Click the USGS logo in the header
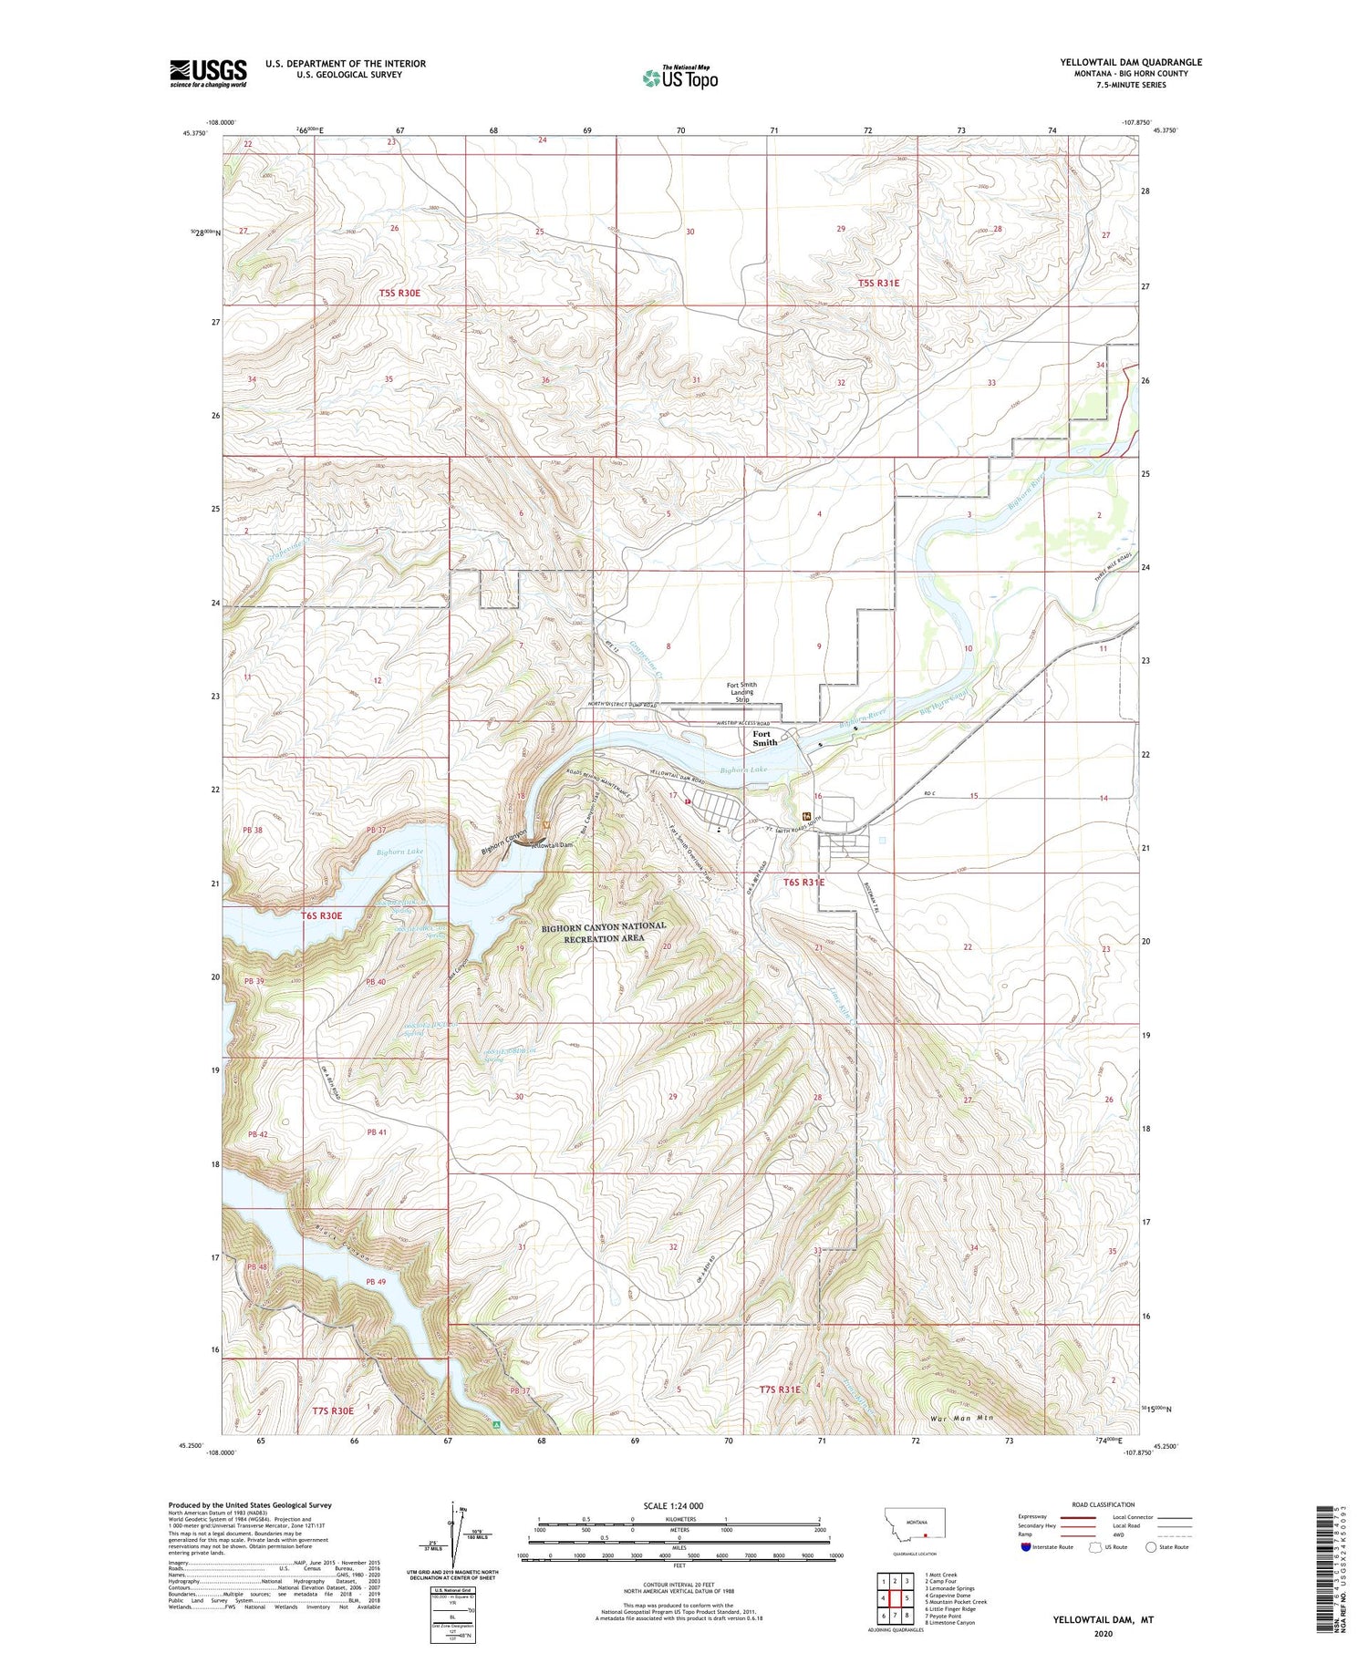pos(208,73)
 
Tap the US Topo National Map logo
pos(679,77)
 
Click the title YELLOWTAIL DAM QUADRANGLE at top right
pos(1130,62)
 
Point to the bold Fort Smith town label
pos(764,738)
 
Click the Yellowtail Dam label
pos(554,845)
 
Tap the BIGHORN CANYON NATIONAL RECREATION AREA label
pos(603,932)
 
